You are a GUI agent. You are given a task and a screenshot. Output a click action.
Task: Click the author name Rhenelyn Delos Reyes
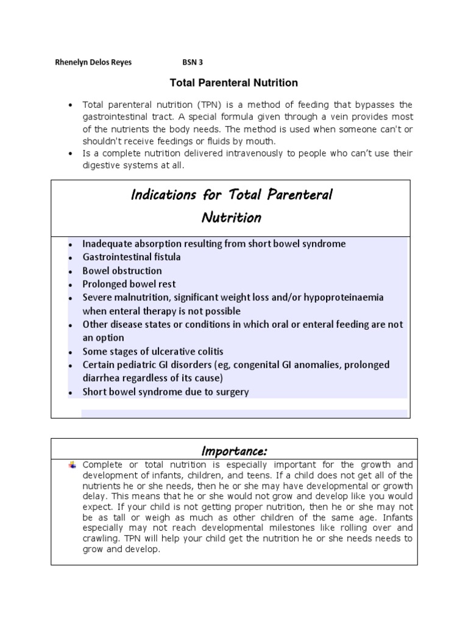(x=93, y=63)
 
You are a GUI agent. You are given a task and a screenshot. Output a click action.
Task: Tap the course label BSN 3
(x=193, y=63)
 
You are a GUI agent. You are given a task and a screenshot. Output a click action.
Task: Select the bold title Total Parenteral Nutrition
(x=233, y=82)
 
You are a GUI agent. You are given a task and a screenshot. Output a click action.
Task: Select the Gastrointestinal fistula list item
(x=132, y=257)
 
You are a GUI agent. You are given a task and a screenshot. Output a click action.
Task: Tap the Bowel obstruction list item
(x=122, y=271)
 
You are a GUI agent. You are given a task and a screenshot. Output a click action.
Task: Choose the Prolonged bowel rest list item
(x=129, y=284)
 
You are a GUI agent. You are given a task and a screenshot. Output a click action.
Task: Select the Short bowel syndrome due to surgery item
(x=166, y=392)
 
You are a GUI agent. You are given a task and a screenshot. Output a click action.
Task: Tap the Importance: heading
(x=234, y=451)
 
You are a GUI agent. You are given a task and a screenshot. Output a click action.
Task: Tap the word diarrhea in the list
(x=103, y=378)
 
